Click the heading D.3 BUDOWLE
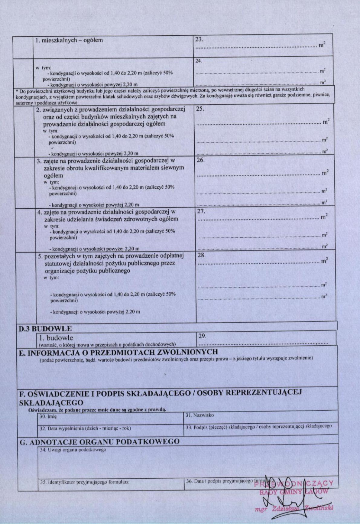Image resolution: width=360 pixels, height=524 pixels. click(45, 329)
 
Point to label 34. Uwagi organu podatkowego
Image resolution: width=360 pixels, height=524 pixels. click(73, 450)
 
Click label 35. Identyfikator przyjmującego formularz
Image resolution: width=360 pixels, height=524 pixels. click(84, 482)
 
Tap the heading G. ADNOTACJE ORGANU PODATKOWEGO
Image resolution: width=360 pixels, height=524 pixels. click(99, 442)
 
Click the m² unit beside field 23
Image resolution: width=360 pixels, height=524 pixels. click(322, 45)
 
